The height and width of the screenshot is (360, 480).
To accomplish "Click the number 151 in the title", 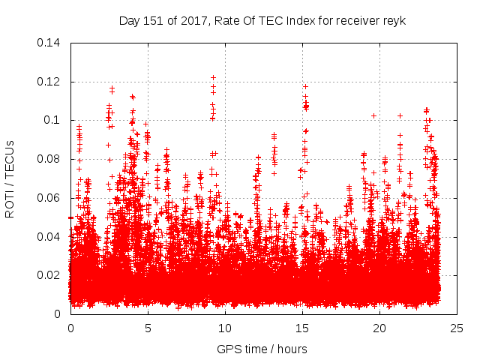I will click(152, 20).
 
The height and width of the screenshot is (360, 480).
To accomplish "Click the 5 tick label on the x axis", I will click(148, 328).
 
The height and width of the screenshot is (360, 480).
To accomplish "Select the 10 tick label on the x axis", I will click(225, 328).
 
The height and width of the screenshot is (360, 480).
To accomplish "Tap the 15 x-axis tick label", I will click(302, 328).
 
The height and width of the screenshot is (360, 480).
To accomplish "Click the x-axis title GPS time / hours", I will click(262, 349).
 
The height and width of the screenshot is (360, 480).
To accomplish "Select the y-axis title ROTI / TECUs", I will click(10, 178).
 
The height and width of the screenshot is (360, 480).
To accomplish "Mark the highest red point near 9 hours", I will click(213, 77).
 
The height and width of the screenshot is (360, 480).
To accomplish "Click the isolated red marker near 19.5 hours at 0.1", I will click(373, 115).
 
